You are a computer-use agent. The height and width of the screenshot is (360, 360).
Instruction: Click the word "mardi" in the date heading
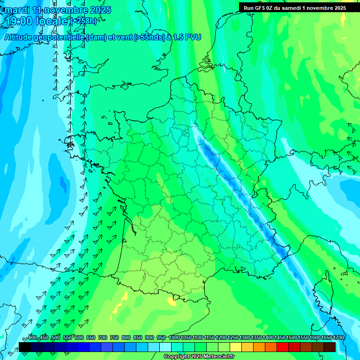[15, 10]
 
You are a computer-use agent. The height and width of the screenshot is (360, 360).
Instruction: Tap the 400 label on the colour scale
[32, 338]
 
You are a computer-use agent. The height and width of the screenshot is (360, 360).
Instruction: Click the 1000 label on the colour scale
[174, 338]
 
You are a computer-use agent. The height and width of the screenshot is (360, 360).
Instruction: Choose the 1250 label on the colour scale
[232, 338]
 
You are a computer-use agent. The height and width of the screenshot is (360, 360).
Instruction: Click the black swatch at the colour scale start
[25, 347]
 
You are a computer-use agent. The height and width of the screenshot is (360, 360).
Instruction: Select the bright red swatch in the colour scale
[283, 347]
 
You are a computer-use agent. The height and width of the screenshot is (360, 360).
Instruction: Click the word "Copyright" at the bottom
[176, 357]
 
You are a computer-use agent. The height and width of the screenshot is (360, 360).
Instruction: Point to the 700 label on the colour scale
[102, 338]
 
